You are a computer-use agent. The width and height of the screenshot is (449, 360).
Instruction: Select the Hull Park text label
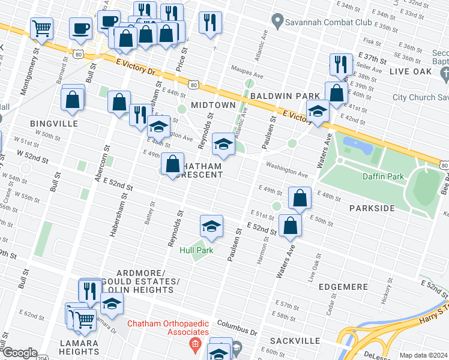pos(196,250)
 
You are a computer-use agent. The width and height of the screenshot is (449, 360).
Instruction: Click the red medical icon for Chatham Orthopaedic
pos(194,344)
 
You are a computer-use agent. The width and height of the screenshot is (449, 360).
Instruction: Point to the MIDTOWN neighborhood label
pos(213,105)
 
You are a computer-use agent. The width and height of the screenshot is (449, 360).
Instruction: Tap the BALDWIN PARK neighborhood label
pos(285,95)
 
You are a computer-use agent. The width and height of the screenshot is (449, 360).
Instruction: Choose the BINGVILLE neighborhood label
pos(54,123)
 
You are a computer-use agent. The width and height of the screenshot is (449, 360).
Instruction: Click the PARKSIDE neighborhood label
pos(372,208)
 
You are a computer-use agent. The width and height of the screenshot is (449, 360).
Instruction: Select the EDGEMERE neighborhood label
pos(343,287)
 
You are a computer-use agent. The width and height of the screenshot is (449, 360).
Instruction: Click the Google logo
pos(20,353)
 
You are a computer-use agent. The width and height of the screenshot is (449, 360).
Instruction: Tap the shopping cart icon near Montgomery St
pos(41,28)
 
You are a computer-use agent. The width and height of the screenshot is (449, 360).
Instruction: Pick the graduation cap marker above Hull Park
pos(211,226)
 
